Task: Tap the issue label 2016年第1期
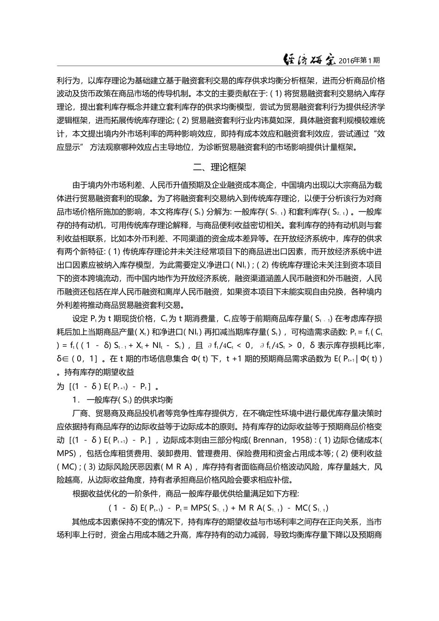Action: [x=359, y=60]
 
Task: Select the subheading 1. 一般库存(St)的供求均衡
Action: [x=122, y=399]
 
